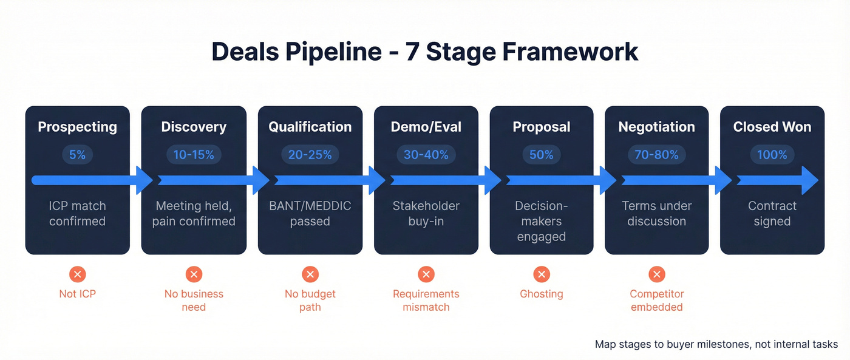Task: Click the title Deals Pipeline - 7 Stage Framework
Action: (x=424, y=52)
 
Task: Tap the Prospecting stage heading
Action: (x=77, y=127)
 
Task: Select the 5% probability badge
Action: (x=77, y=155)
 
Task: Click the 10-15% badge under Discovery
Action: (x=194, y=155)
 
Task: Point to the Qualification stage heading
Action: (x=310, y=127)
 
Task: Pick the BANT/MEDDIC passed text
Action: (x=310, y=214)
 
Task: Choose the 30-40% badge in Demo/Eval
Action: (x=426, y=155)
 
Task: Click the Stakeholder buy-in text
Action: (x=426, y=214)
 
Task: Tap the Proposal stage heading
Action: (x=541, y=127)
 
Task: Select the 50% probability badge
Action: (x=541, y=155)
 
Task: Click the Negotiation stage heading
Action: (x=656, y=127)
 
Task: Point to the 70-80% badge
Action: (x=656, y=155)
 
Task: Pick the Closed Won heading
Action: (x=772, y=127)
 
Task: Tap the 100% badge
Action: (x=772, y=155)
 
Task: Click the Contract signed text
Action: (x=772, y=214)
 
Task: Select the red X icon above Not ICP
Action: (x=77, y=274)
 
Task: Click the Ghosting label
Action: (x=541, y=294)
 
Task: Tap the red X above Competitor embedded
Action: (x=656, y=274)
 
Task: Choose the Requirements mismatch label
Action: (x=426, y=301)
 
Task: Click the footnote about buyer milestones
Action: (x=716, y=344)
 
